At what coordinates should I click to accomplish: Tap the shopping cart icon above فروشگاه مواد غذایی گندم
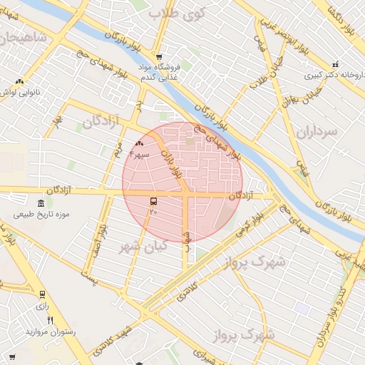point(158,58)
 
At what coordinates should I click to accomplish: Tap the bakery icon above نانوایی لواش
point(19,82)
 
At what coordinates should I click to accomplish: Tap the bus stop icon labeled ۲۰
point(153,202)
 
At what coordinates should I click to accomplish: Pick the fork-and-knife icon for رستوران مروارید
point(49,320)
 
